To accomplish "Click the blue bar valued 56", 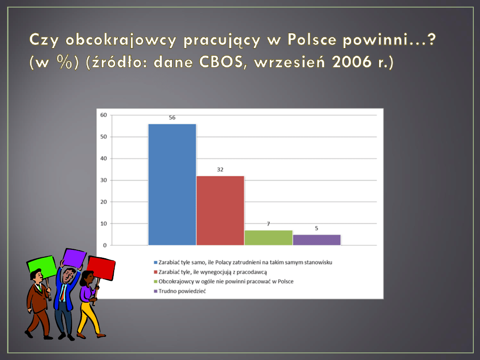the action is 172,184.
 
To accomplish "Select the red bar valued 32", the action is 220,211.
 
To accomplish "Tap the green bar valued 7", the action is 268,238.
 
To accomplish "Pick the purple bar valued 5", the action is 316,240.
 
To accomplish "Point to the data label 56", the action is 172,117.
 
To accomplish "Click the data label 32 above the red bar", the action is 220,170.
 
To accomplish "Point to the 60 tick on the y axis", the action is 104,115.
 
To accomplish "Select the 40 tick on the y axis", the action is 104,159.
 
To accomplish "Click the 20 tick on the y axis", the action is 104,202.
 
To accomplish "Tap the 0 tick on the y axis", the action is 105,245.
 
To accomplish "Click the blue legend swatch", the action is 156,263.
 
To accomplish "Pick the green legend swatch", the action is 156,282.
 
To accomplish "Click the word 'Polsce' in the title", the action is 312,40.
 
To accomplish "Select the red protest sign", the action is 101,268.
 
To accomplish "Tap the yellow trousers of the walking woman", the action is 88,317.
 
